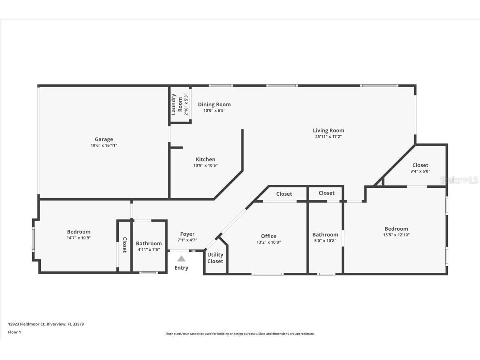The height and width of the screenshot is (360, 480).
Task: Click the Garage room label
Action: click(103, 139)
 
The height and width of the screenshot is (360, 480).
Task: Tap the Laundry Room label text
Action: click(177, 104)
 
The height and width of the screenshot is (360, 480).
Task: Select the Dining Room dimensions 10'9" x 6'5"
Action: click(214, 111)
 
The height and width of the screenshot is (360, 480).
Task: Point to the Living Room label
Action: click(328, 131)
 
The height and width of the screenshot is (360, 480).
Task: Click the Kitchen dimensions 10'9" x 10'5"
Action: click(205, 166)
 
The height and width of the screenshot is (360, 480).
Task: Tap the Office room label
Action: click(269, 236)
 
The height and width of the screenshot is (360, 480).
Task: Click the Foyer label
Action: click(187, 234)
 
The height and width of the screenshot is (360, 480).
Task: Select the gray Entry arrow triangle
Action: click(181, 259)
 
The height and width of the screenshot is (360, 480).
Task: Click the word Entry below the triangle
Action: click(181, 268)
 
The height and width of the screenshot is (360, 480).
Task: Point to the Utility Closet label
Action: click(215, 258)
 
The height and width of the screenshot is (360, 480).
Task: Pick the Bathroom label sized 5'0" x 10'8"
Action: click(325, 235)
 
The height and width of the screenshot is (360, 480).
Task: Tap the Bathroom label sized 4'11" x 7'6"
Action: click(148, 244)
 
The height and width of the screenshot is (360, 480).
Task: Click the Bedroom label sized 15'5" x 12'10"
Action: click(396, 229)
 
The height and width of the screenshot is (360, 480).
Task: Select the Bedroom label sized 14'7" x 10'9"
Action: click(78, 232)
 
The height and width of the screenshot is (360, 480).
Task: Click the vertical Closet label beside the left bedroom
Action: click(124, 245)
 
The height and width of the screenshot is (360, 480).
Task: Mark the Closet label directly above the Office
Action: click(284, 194)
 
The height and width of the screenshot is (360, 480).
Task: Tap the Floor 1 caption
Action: click(14, 332)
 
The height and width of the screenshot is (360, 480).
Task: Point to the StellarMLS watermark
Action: click(459, 180)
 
